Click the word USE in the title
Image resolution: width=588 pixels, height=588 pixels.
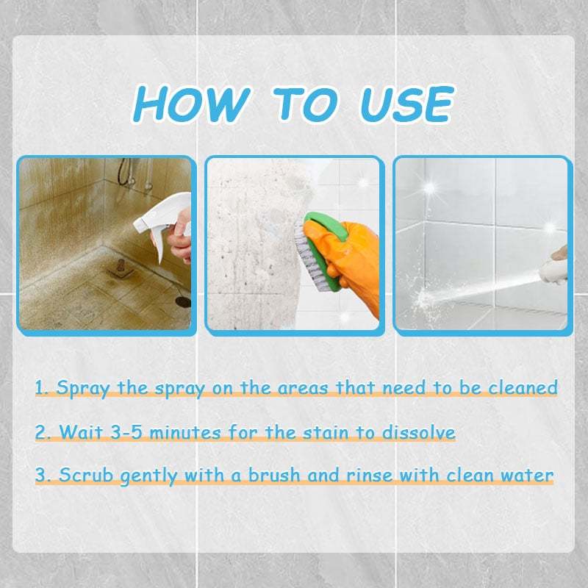(x=405, y=105)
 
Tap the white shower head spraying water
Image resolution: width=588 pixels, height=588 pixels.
(x=554, y=273)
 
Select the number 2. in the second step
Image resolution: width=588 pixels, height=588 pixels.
(x=43, y=431)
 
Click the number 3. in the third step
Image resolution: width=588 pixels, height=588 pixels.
(x=43, y=476)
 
